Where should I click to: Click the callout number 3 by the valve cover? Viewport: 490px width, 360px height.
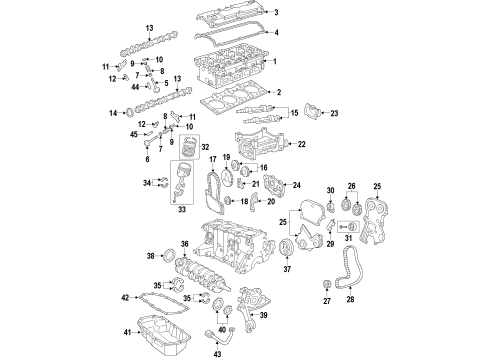tap(277, 13)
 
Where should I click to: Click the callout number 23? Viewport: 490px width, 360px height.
tap(335, 113)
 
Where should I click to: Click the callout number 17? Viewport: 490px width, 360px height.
tap(184, 161)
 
